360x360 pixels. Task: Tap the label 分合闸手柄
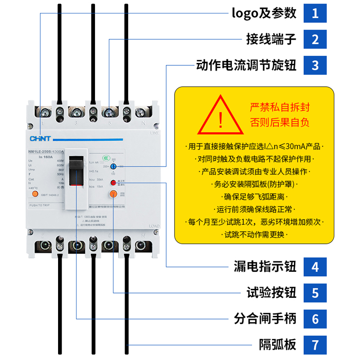(265, 319)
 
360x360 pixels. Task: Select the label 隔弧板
(277, 345)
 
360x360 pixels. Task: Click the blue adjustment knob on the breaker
(120, 167)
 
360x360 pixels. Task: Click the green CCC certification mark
(105, 157)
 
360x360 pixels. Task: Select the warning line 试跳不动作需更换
(255, 234)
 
